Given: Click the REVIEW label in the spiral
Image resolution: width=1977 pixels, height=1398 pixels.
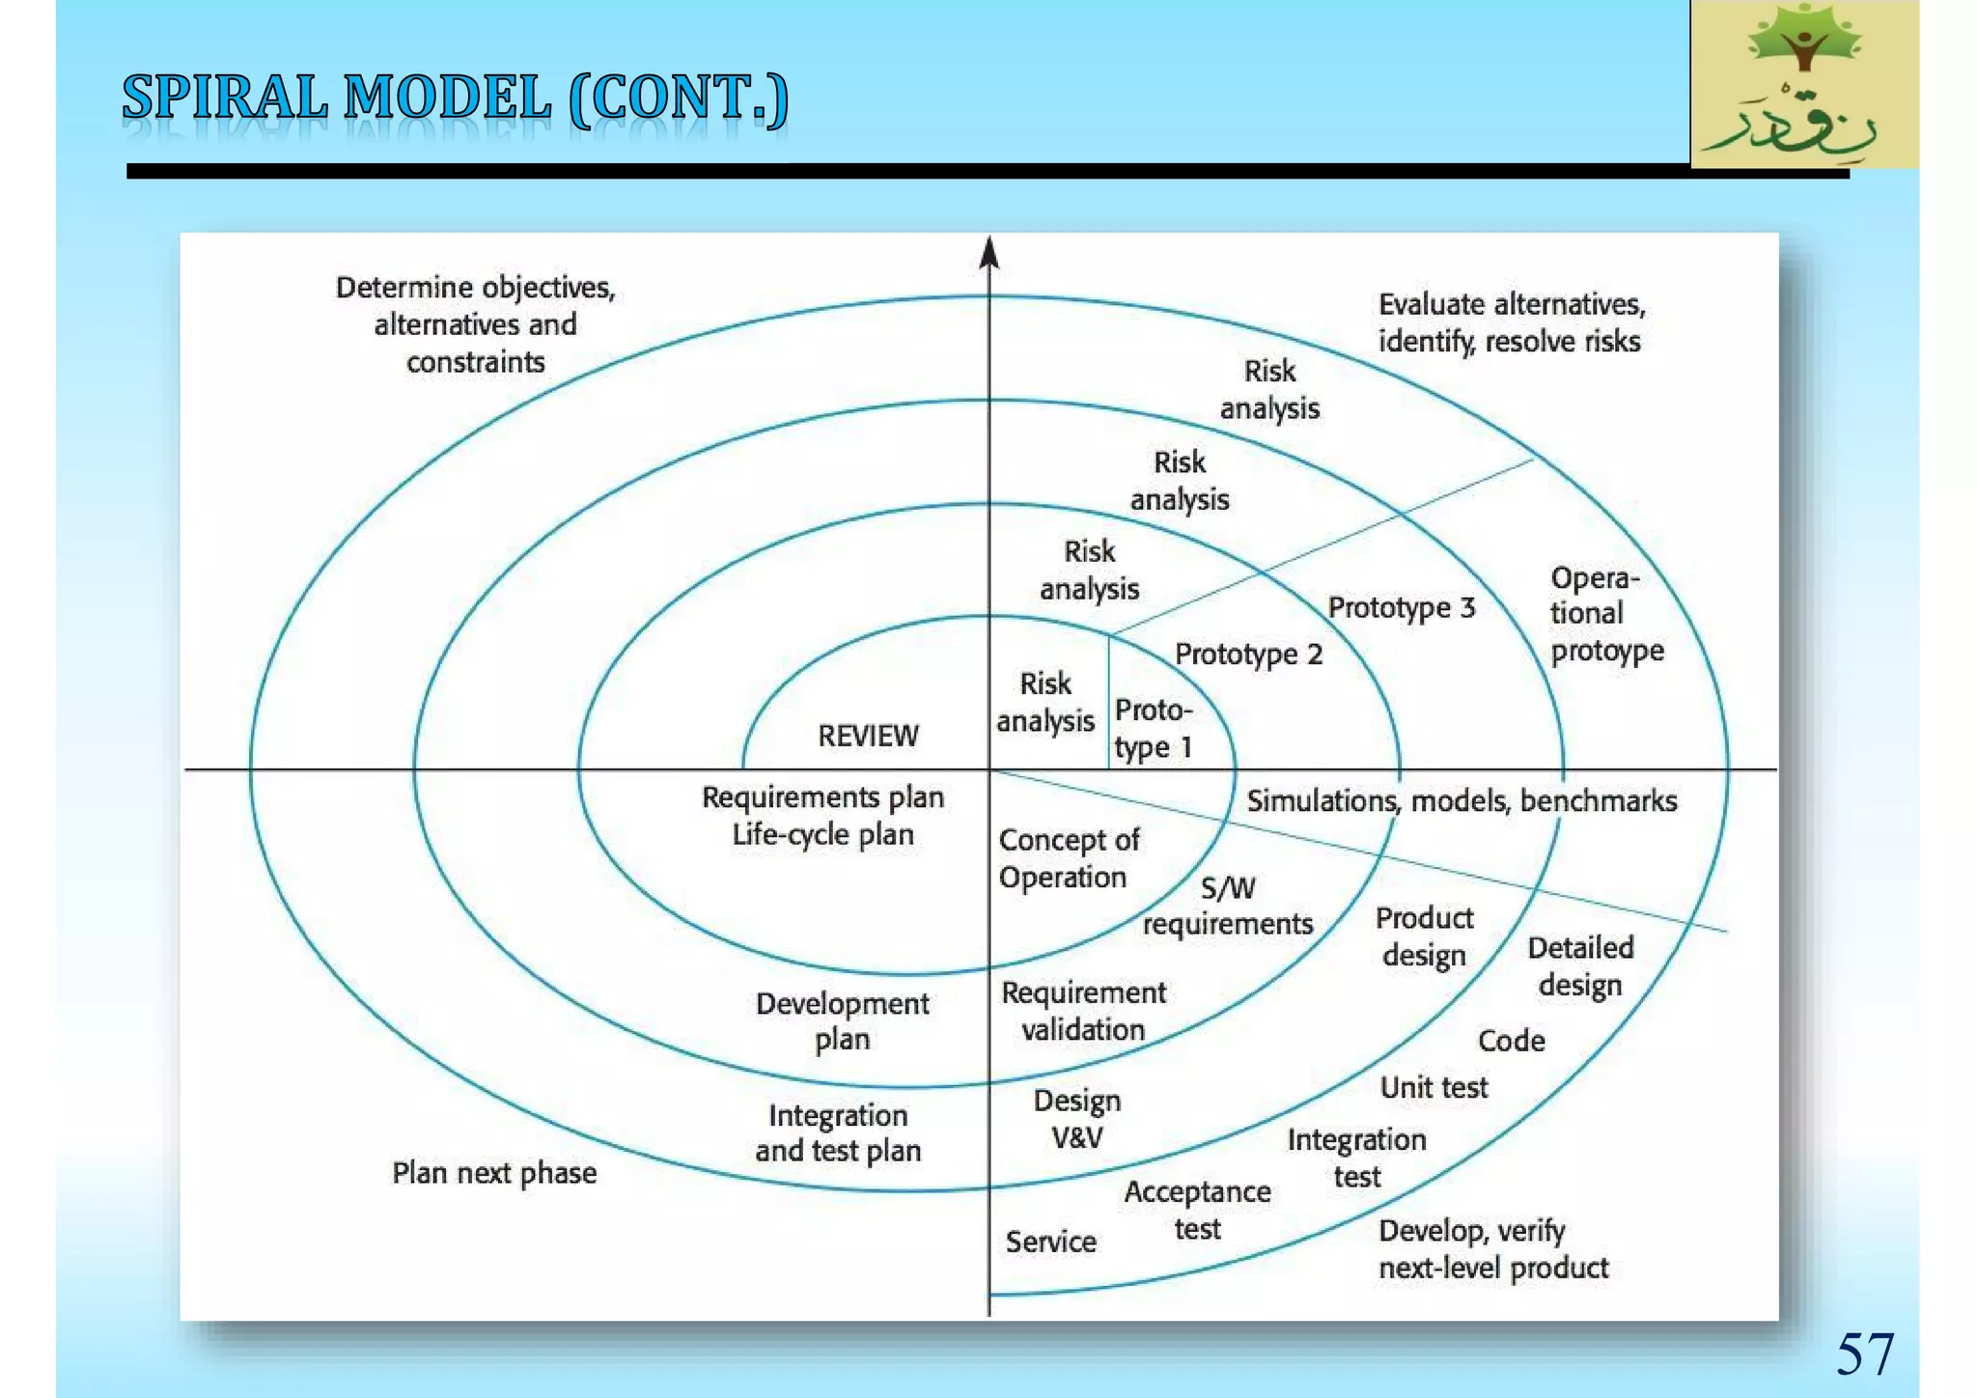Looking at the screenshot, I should pos(868,736).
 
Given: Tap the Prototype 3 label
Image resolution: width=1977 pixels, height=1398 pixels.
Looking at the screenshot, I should pos(1401,607).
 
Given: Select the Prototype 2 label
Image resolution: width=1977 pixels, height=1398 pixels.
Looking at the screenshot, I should pos(1248,654).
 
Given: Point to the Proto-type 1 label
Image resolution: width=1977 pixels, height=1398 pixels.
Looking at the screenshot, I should pos(1154,729).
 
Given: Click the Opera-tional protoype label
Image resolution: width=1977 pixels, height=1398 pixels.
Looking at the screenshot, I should pos(1606,614).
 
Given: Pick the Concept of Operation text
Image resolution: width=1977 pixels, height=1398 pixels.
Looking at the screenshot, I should pos(1068,858).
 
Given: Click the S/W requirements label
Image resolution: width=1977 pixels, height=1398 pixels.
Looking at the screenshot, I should pos(1228,906).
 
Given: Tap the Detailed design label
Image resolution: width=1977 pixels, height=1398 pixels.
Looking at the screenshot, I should pos(1580,965).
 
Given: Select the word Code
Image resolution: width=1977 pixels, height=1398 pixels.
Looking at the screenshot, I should pos(1511,1040).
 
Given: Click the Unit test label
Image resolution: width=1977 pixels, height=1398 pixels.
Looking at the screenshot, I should pos(1434,1087).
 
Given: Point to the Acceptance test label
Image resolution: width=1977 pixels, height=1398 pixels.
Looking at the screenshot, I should pos(1197,1210).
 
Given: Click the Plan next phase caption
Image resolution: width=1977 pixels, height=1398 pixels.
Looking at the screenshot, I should pos(493,1172).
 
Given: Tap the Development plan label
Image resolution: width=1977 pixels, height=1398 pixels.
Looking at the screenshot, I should pos(842,1021).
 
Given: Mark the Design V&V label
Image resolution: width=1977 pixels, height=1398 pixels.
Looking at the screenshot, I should pos(1076,1119).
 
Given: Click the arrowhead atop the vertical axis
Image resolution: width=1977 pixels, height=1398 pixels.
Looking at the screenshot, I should pos(988,253).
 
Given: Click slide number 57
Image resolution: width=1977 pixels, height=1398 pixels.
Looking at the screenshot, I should pos(1864,1354).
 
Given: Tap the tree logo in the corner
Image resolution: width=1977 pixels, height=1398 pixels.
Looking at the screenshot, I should pos(1803,85).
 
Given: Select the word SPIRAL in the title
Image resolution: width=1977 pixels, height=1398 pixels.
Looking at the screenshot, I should pos(224,98).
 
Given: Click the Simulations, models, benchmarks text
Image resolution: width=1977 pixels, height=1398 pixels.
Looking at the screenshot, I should pos(1462,800).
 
